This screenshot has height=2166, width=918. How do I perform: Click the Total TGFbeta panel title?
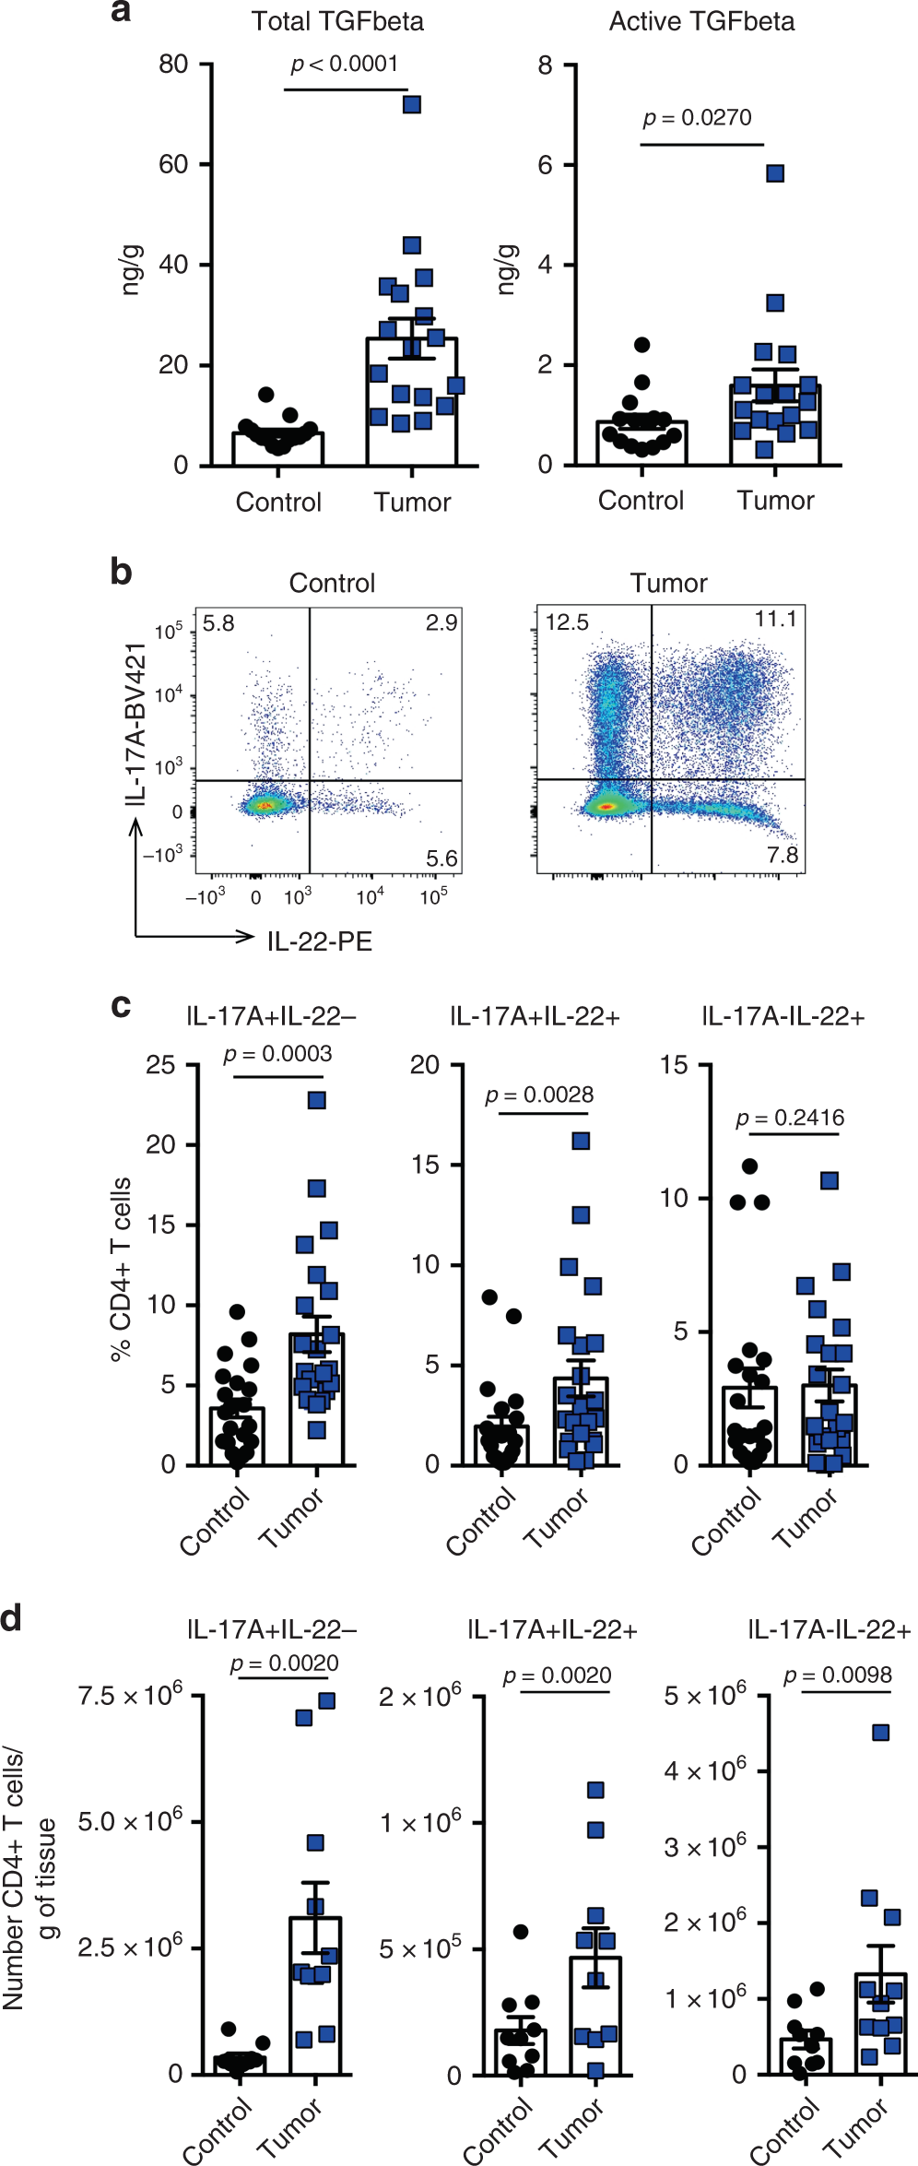point(337,21)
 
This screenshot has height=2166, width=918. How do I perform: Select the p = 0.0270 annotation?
point(697,118)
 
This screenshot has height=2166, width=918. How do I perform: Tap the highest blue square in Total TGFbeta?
point(412,104)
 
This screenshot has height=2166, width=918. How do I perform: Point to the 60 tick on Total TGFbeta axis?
point(173,164)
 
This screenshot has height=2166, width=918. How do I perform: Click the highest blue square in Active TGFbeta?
point(775,173)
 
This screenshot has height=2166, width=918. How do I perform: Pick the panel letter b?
point(121,572)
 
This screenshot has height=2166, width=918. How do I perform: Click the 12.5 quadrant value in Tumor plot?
point(567,622)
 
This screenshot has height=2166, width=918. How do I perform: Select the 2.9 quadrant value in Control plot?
point(441,622)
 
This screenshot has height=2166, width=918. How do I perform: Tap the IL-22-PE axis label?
point(319,941)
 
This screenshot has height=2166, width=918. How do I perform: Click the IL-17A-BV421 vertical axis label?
point(136,724)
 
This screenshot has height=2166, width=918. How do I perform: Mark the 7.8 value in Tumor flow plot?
point(783,855)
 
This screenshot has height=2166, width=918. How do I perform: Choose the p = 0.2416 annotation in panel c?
point(790,1119)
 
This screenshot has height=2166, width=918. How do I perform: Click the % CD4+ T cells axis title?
point(121,1268)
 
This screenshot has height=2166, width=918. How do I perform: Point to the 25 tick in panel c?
point(160,1065)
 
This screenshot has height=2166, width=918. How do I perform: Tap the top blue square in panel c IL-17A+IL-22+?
point(581,1141)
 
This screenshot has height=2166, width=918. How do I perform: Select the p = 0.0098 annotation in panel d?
point(838,1675)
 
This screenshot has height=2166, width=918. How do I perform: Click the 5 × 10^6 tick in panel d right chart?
point(705,1696)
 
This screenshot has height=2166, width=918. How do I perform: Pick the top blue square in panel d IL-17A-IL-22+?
point(880,1733)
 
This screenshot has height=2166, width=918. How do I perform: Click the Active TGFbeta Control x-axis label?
point(641,501)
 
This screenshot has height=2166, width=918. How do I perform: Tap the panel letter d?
point(12,1618)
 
